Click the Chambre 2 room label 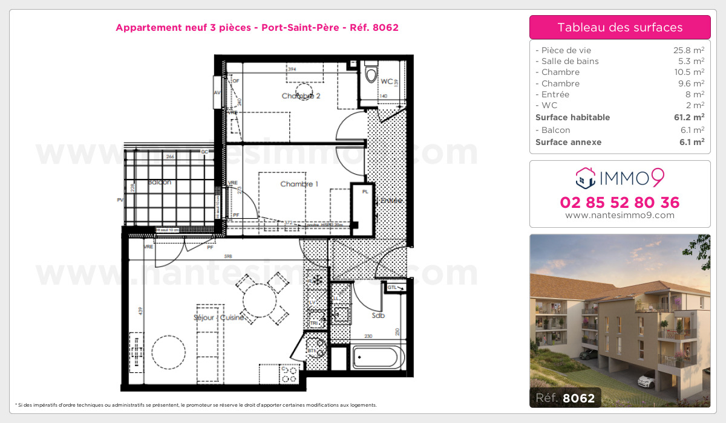[x=301, y=96]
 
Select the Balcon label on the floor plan [x=160, y=182]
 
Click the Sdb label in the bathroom [x=378, y=315]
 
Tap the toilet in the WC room [x=371, y=73]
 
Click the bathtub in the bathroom [x=375, y=357]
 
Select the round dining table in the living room [x=260, y=297]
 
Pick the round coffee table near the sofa [x=169, y=354]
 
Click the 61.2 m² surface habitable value [x=690, y=117]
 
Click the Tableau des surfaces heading [x=620, y=27]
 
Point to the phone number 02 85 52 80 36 [x=620, y=202]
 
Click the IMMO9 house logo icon [x=584, y=178]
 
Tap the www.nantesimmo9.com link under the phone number [x=620, y=215]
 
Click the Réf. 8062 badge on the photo [x=565, y=398]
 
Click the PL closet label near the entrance [x=365, y=192]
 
